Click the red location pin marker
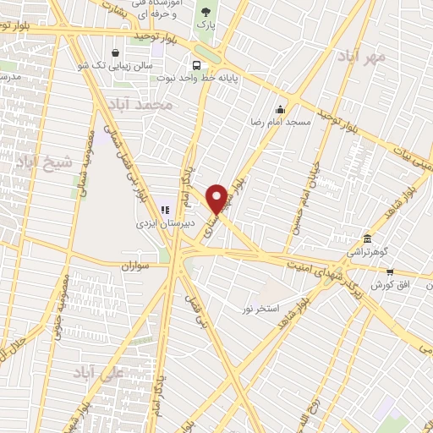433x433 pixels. (x=216, y=197)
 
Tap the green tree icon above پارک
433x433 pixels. (x=203, y=11)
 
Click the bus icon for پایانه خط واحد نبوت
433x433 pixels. (x=197, y=65)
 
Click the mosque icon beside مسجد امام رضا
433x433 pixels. (x=281, y=108)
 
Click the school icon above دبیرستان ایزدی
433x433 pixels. (x=165, y=210)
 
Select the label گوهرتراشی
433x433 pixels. (x=366, y=251)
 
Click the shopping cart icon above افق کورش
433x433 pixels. (x=389, y=272)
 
